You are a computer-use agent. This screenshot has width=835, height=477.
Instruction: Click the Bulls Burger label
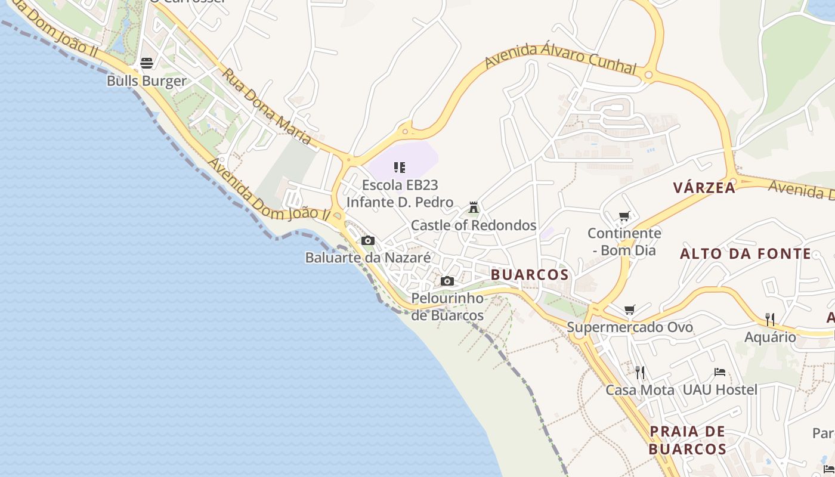pyautogui.click(x=147, y=80)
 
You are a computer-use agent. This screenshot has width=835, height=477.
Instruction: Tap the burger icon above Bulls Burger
pyautogui.click(x=147, y=63)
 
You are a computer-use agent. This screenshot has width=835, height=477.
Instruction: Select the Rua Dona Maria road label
pyautogui.click(x=267, y=107)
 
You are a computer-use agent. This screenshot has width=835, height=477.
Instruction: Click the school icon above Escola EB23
pyautogui.click(x=400, y=168)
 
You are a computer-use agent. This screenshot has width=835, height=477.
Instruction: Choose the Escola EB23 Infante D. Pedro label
pyautogui.click(x=400, y=194)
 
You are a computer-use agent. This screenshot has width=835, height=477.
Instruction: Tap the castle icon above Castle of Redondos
pyautogui.click(x=474, y=207)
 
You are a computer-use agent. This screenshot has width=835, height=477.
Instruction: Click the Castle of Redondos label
pyautogui.click(x=474, y=225)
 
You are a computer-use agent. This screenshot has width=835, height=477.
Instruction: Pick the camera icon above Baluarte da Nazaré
pyautogui.click(x=368, y=241)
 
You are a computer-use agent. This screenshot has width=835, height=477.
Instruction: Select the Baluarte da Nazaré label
pyautogui.click(x=368, y=258)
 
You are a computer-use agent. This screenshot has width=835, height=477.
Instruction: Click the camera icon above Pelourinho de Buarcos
pyautogui.click(x=447, y=281)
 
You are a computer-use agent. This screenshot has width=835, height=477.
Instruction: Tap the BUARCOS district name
pyautogui.click(x=530, y=274)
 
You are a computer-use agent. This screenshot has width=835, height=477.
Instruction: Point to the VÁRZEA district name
pyautogui.click(x=704, y=188)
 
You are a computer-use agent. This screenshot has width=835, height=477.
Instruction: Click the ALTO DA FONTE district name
pyautogui.click(x=746, y=254)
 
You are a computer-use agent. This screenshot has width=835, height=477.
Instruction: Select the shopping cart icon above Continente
pyautogui.click(x=624, y=216)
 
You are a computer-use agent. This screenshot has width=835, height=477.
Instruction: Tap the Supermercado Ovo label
pyautogui.click(x=630, y=327)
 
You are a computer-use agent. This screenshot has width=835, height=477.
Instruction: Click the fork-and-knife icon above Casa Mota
pyautogui.click(x=640, y=373)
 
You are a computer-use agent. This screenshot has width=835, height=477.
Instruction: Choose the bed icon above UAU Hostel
pyautogui.click(x=720, y=373)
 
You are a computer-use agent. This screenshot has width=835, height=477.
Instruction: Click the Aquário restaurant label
pyautogui.click(x=770, y=337)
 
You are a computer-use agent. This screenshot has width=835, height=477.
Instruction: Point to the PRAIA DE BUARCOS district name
pyautogui.click(x=688, y=440)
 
